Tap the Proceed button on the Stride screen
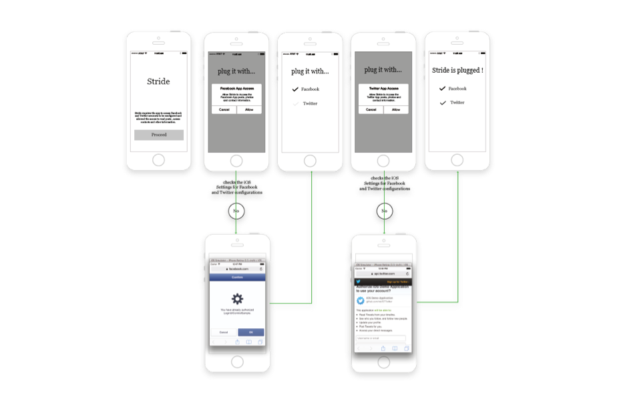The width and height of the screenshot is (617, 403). click(159, 135)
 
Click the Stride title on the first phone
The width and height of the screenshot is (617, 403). click(158, 82)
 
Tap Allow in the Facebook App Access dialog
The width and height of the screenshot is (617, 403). click(249, 109)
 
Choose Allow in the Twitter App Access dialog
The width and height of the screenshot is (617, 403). click(396, 109)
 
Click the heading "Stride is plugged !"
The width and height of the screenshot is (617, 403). click(457, 69)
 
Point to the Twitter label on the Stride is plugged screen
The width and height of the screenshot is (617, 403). click(457, 103)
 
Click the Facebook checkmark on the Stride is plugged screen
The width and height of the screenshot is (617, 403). click(441, 89)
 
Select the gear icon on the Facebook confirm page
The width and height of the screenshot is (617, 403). click(237, 298)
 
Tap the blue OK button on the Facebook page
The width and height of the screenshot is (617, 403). click(250, 332)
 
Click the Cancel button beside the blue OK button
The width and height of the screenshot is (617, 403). click(224, 332)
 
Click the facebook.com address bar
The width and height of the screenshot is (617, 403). click(237, 268)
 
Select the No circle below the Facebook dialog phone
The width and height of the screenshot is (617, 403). click(236, 211)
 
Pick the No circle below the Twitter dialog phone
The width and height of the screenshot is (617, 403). click(383, 212)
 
